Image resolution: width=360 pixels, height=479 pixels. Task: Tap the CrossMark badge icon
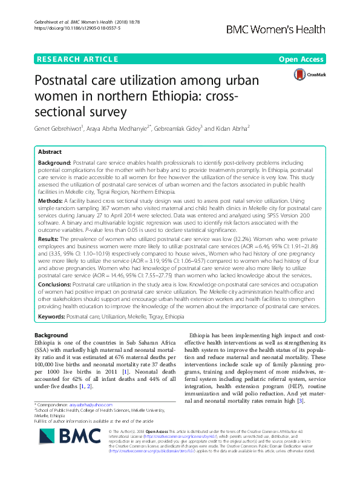click(x=307, y=74)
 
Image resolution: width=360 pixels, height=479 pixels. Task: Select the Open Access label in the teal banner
click(x=301, y=59)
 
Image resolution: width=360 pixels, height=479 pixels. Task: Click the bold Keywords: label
click(x=53, y=317)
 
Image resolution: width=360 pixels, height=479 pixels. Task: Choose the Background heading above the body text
click(x=51, y=335)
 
